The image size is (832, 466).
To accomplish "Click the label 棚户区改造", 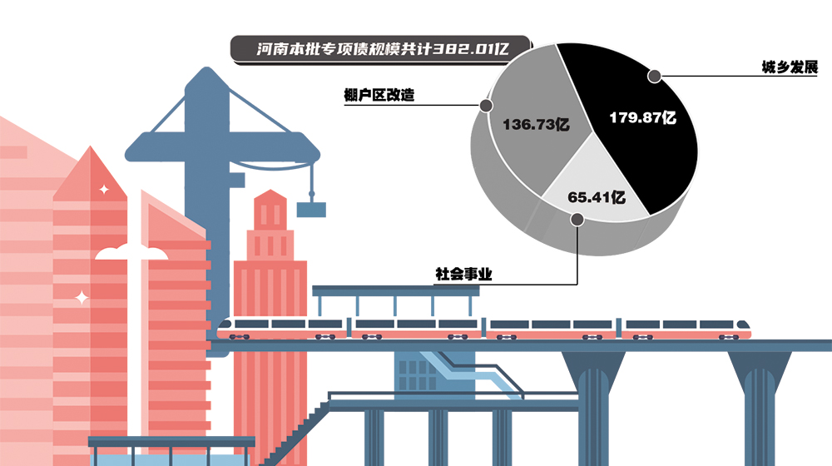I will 379,95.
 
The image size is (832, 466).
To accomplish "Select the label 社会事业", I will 463,273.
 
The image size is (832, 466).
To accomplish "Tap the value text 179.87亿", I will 642,117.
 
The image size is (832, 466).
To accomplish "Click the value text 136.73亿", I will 536,125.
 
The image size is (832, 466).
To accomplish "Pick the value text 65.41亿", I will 597,197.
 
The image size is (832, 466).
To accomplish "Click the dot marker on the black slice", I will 655,77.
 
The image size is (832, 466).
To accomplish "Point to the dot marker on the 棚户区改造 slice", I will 485,106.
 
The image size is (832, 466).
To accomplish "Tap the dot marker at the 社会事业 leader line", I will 576,219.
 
